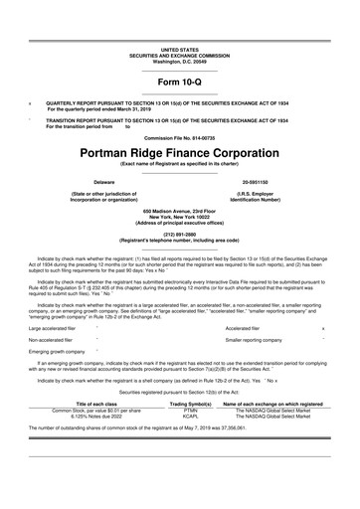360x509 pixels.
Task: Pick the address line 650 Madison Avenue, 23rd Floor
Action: pos(179,212)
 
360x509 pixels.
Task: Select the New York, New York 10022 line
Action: pos(179,218)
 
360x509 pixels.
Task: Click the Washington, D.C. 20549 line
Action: pos(179,61)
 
